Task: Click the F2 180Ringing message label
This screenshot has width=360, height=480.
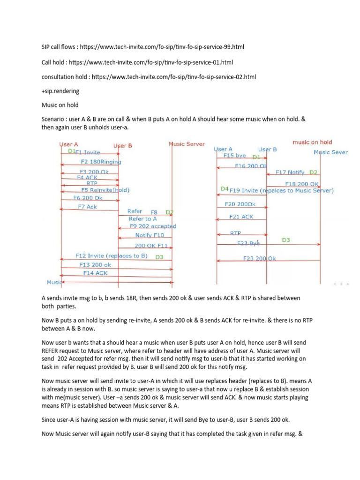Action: pyautogui.click(x=101, y=162)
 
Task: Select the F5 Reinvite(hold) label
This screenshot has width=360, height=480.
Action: pyautogui.click(x=105, y=190)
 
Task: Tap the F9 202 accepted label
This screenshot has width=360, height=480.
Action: pyautogui.click(x=153, y=226)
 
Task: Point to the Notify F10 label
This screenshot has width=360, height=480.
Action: pyautogui.click(x=150, y=235)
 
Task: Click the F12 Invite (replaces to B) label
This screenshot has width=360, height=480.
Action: pyautogui.click(x=112, y=256)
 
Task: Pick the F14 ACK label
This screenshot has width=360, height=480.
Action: pyautogui.click(x=95, y=273)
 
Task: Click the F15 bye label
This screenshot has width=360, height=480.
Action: pyautogui.click(x=234, y=155)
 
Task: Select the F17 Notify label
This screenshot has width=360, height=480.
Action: pyautogui.click(x=289, y=172)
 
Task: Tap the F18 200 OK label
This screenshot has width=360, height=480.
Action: pyautogui.click(x=302, y=184)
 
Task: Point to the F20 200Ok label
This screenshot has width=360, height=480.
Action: pyautogui.click(x=240, y=204)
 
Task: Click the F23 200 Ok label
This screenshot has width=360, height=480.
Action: pyautogui.click(x=260, y=258)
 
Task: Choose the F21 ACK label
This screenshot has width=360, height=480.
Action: pyautogui.click(x=241, y=217)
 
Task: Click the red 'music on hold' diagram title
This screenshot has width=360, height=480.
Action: pyautogui.click(x=312, y=142)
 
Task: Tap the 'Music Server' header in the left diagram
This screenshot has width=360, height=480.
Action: pyautogui.click(x=187, y=144)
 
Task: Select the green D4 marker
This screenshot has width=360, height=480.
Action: pyautogui.click(x=225, y=189)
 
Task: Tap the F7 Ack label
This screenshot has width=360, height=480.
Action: pyautogui.click(x=88, y=207)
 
